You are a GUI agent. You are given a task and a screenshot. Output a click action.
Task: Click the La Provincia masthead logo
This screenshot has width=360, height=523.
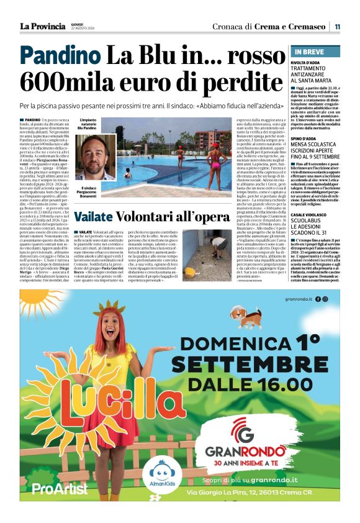coord(43,26)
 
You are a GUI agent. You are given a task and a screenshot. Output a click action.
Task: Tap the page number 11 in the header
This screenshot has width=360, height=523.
coord(337,27)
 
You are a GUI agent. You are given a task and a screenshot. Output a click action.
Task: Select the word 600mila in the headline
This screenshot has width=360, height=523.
coord(68,83)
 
